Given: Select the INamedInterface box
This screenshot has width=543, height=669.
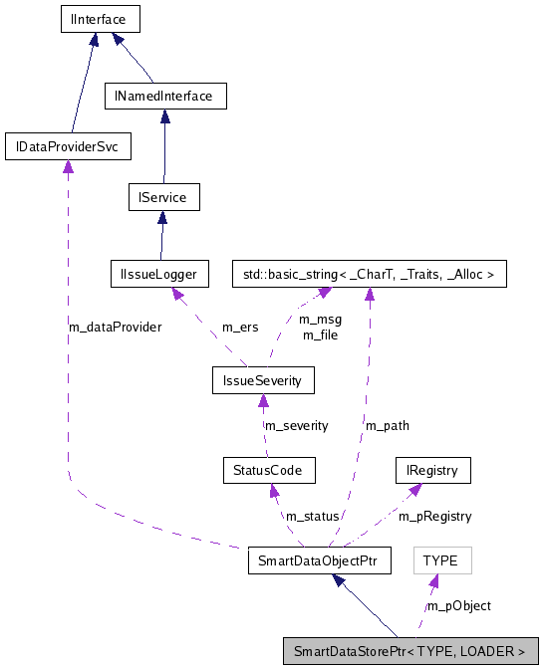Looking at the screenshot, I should coord(165,96).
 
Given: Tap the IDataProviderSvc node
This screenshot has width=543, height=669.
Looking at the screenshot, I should coord(68,147).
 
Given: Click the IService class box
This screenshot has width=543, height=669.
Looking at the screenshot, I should coord(163,197).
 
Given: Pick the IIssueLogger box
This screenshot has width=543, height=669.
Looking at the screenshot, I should coord(159,273).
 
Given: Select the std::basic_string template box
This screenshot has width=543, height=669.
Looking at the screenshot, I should coord(370,273).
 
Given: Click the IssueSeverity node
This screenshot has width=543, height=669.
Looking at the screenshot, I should coord(263,379).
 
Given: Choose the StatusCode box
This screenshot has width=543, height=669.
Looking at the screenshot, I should coord(269,469).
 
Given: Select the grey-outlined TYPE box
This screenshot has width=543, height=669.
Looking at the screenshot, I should coord(440,560).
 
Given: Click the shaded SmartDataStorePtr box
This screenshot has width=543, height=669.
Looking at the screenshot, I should coord(410,652).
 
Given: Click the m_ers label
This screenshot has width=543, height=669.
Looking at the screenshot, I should coord(240,327).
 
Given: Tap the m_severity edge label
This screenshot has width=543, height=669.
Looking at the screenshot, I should coord(295,425).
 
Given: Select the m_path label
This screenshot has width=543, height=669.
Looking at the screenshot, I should coord(387,425).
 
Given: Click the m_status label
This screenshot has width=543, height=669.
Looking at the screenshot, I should coord(312,516).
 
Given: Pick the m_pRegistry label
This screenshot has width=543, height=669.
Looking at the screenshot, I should coord(435,516).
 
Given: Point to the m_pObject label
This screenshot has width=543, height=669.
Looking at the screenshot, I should coord(458,605).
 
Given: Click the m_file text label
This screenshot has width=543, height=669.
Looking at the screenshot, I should coord(321,334).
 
